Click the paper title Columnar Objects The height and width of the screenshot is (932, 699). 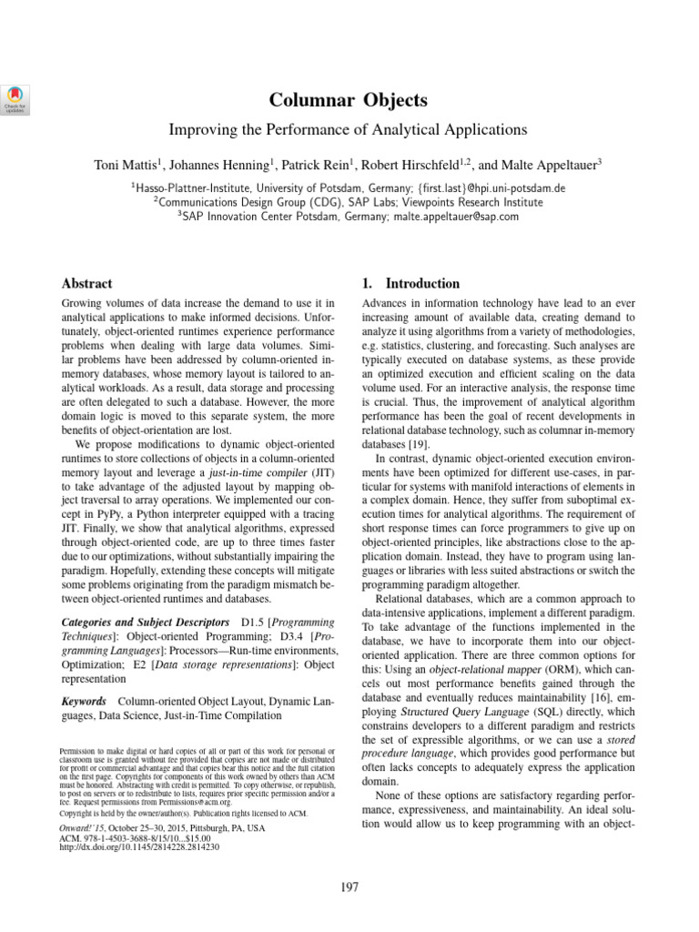(349, 100)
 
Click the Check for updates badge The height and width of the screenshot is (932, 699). (15, 97)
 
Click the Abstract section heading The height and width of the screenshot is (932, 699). (86, 284)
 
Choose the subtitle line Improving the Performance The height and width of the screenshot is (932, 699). (349, 130)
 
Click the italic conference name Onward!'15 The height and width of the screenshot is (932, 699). (81, 828)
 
